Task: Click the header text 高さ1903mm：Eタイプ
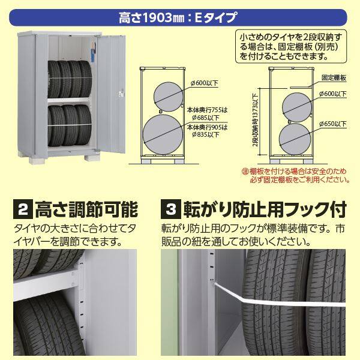coord(180,13)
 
